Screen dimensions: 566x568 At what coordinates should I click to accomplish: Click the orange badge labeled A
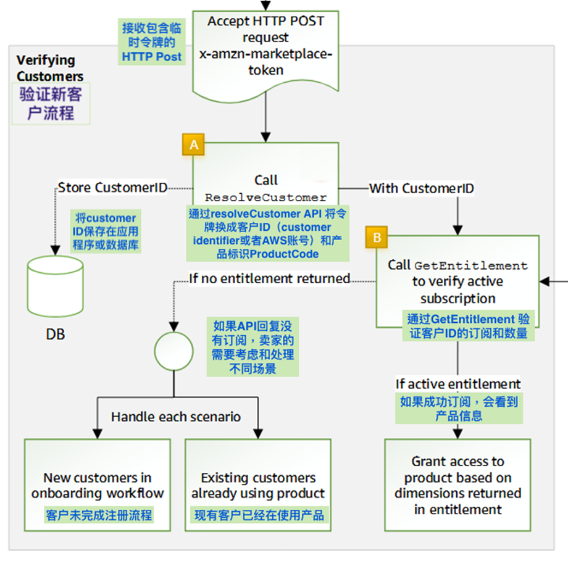click(194, 145)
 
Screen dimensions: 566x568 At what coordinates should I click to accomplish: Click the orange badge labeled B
click(378, 236)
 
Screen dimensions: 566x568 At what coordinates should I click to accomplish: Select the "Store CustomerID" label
click(112, 188)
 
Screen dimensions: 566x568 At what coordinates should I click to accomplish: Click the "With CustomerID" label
click(422, 188)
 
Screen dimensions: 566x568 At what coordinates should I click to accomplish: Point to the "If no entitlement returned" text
click(269, 278)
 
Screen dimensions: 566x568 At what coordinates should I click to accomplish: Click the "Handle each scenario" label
click(176, 417)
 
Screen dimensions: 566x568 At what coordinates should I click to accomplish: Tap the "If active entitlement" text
click(458, 384)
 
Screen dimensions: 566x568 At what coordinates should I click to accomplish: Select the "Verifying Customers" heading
click(49, 69)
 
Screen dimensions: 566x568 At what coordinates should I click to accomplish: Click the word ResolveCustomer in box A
click(265, 198)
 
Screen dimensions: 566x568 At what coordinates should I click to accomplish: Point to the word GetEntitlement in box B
click(471, 266)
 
